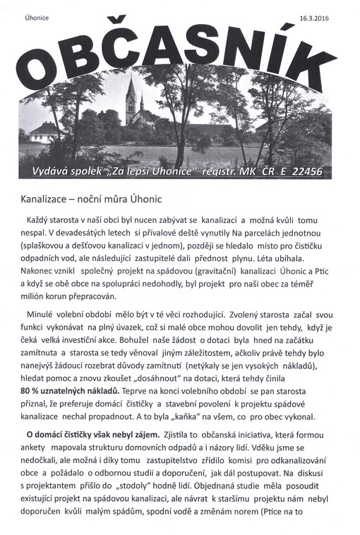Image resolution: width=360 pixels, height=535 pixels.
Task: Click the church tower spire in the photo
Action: click(130, 89)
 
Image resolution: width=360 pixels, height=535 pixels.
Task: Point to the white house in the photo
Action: click(45, 131)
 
